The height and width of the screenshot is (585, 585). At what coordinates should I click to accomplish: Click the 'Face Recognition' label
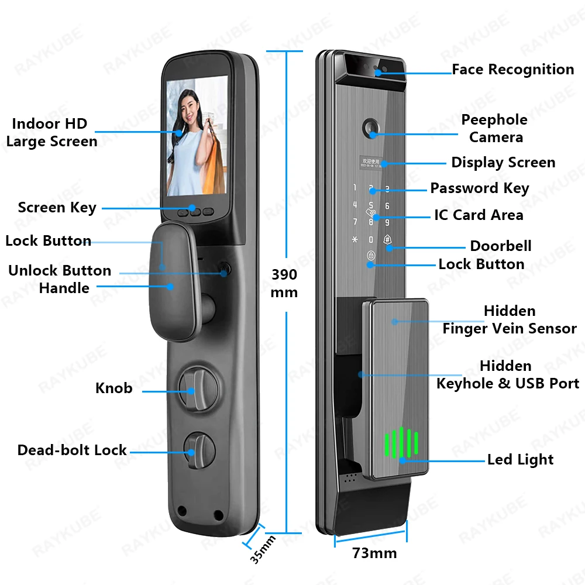tap(512, 70)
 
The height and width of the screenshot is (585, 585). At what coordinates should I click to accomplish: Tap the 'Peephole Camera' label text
tap(494, 128)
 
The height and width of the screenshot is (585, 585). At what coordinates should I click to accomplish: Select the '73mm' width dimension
tap(374, 553)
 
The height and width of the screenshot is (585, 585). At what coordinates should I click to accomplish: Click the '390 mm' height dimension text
tap(284, 283)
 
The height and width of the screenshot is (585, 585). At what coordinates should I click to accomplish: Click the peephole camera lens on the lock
tap(371, 127)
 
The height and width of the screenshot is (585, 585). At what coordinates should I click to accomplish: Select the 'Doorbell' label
tap(501, 246)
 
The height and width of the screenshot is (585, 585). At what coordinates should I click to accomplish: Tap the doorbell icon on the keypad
tap(387, 240)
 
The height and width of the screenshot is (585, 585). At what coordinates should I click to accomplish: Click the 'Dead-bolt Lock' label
tap(72, 450)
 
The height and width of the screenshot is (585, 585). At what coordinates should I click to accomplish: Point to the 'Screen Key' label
tap(57, 208)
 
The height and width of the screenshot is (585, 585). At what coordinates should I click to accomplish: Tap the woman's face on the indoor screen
tap(192, 108)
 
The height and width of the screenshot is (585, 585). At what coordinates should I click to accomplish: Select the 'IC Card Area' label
tap(479, 215)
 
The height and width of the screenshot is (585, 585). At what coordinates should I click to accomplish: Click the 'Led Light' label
tap(520, 460)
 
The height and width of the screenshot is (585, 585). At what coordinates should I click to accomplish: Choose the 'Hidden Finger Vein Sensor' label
tap(509, 319)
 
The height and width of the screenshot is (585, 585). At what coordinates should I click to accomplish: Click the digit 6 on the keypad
tap(387, 207)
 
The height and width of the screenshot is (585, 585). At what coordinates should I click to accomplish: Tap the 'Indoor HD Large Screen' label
tap(51, 132)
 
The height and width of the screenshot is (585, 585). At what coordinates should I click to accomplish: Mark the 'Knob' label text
tap(113, 388)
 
